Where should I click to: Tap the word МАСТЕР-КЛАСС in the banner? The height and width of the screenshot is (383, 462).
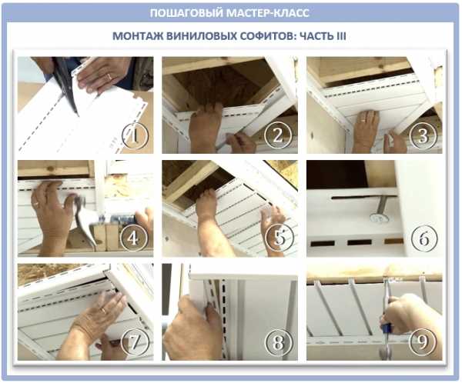(x=268, y=13)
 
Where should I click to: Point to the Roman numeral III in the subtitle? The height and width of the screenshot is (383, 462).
(x=341, y=36)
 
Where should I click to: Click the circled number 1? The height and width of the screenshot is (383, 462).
(x=136, y=135)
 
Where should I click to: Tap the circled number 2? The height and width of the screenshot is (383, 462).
(x=277, y=135)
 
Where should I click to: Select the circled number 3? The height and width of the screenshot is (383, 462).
(x=423, y=135)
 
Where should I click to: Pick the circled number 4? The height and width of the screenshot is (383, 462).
(x=133, y=238)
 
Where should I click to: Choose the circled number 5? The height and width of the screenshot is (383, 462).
(x=279, y=238)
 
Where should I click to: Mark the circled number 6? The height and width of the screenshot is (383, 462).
(x=423, y=238)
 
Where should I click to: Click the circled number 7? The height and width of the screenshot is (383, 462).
(x=134, y=341)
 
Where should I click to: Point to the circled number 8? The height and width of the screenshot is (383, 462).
(x=278, y=341)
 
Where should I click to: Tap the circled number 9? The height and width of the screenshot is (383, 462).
(x=423, y=341)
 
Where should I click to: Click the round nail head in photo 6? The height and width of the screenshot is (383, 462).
(x=379, y=218)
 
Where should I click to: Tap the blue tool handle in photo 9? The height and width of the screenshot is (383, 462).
(x=387, y=328)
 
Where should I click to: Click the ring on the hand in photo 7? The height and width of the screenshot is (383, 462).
(x=104, y=310)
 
